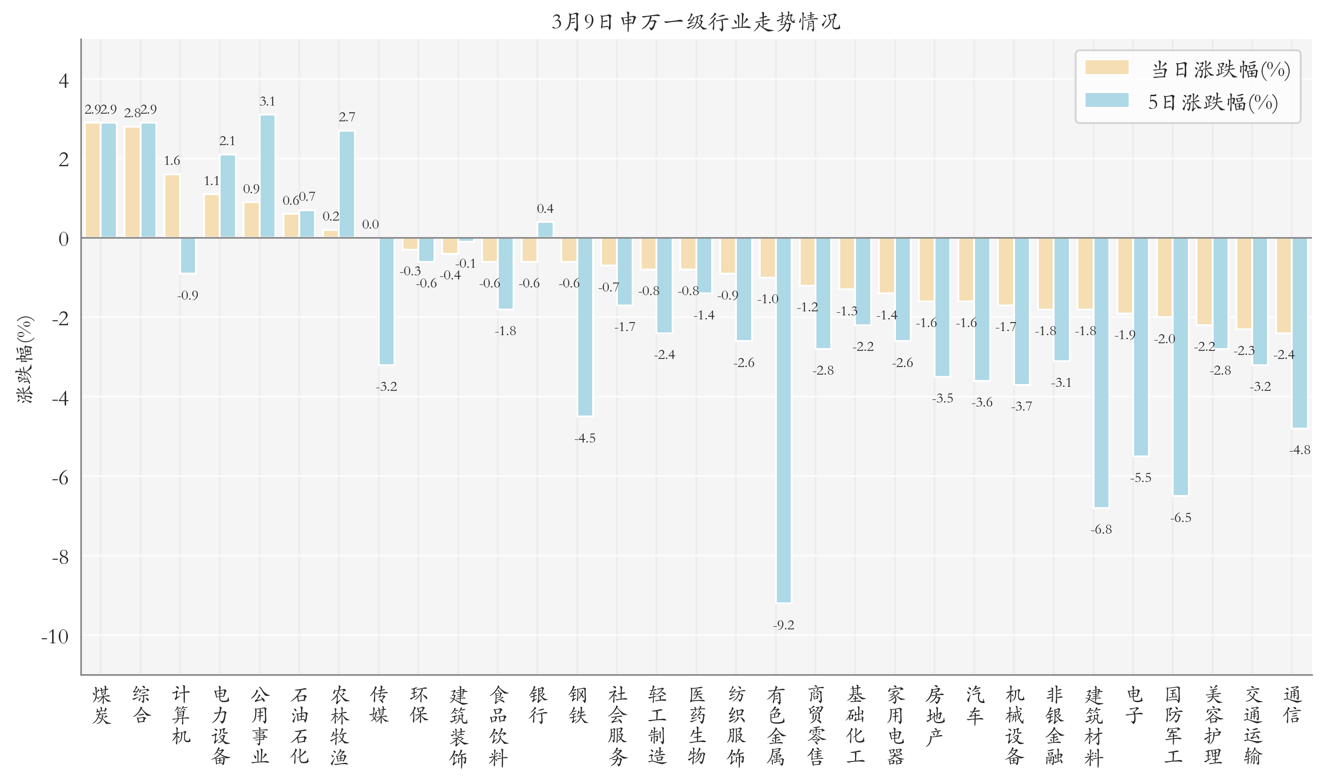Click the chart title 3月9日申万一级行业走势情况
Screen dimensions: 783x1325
[x=696, y=21]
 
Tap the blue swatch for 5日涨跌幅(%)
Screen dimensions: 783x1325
[x=1107, y=100]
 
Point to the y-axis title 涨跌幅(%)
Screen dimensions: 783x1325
[x=25, y=359]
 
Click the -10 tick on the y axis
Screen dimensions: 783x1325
[x=55, y=636]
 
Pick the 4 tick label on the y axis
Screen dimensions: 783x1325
[x=63, y=81]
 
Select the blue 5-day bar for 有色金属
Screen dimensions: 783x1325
[x=784, y=420]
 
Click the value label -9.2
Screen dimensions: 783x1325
[x=783, y=625]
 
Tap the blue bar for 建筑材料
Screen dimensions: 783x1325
[x=1101, y=372]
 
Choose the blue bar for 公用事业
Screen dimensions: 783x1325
[x=267, y=176]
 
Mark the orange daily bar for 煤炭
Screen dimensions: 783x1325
[x=93, y=180]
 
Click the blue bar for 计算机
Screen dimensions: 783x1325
[x=188, y=255]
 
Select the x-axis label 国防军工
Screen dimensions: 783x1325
[x=1173, y=725]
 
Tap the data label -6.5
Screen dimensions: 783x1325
[x=1180, y=518]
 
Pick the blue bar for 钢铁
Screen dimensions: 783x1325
[x=585, y=327]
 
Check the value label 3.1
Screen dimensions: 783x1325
[x=267, y=102]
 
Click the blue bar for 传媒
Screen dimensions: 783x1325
[x=386, y=301]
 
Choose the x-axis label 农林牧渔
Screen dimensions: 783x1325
[x=339, y=725]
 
